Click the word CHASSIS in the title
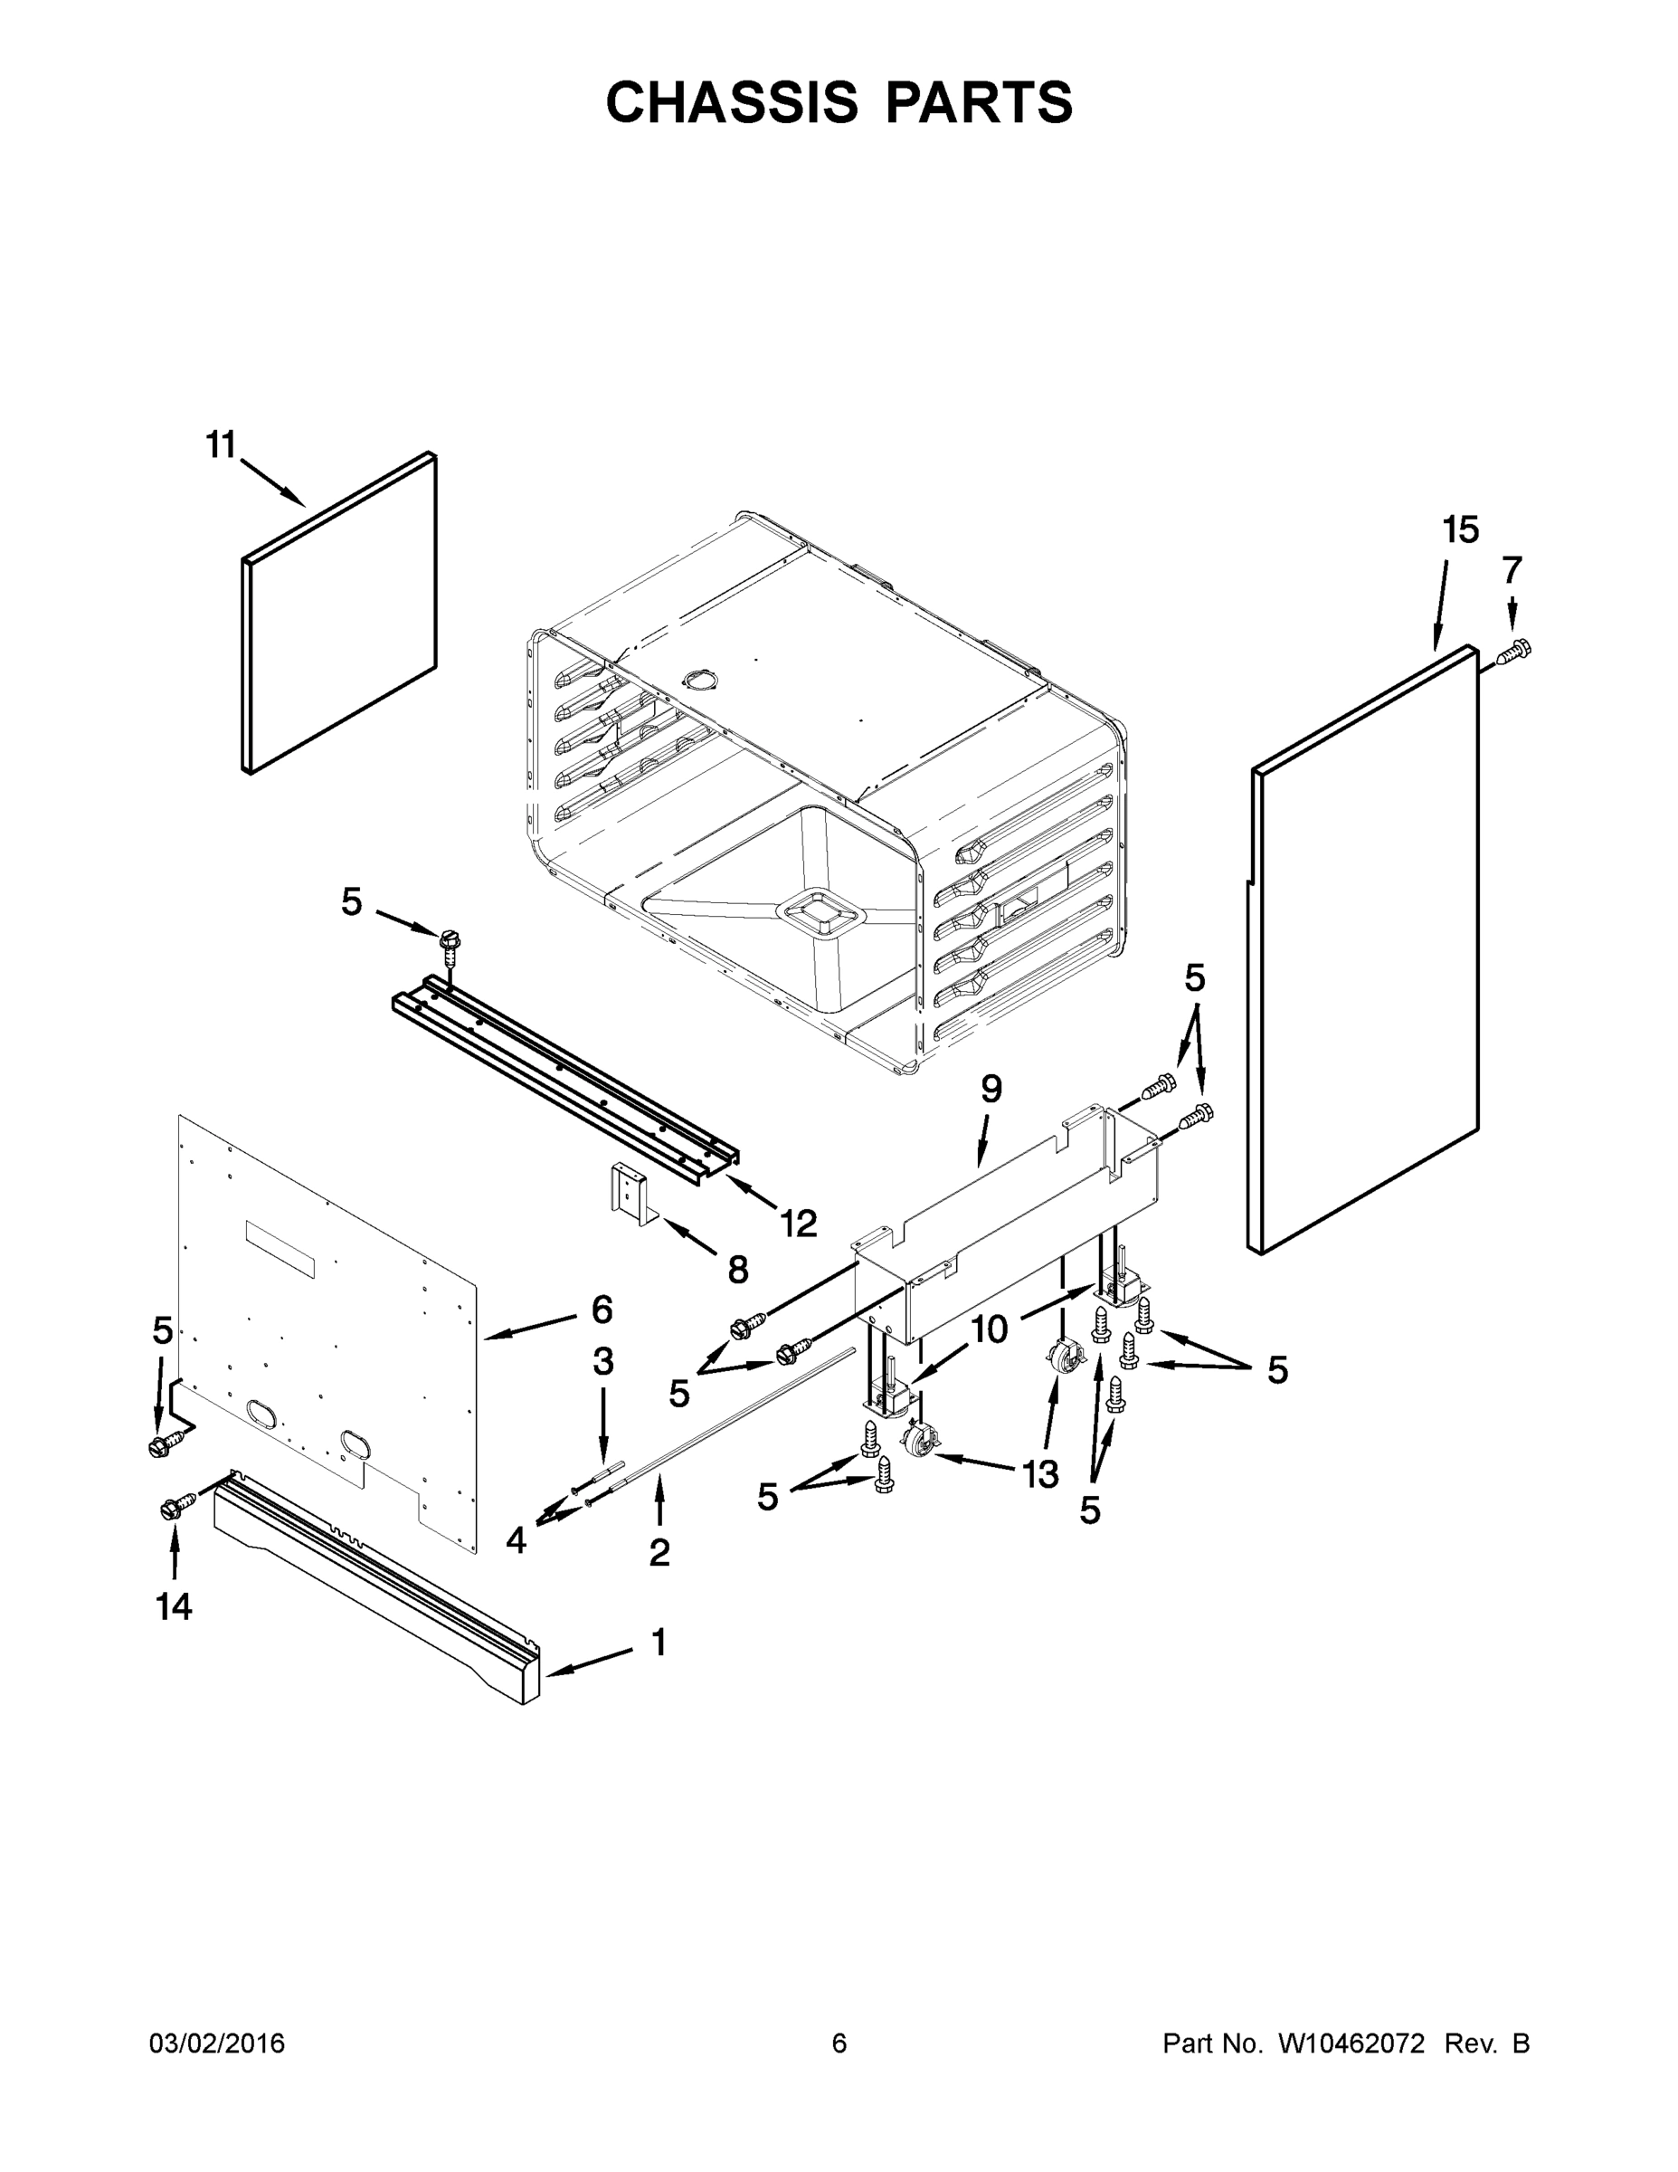pos(732,101)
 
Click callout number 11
pos(221,444)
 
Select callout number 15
pos(1460,530)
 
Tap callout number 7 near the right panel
pos(1511,570)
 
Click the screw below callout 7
pos(1514,653)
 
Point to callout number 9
pos(991,1089)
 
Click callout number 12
pos(798,1224)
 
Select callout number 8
pos(736,1269)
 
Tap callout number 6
pos(602,1310)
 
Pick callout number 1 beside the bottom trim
pos(658,1642)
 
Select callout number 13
pos(1041,1475)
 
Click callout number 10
pos(989,1329)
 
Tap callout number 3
pos(602,1361)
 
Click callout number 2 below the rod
pos(659,1552)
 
